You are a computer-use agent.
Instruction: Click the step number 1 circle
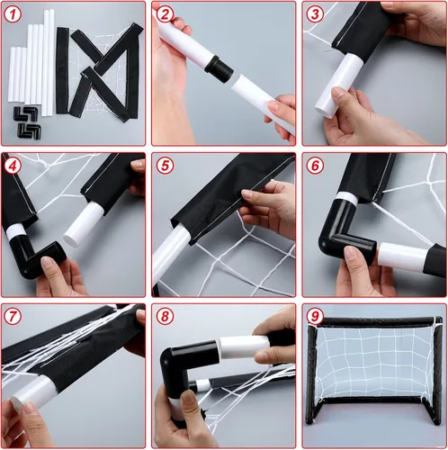coord(13,14)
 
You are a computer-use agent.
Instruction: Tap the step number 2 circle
coord(165,14)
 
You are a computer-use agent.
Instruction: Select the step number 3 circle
coord(315,14)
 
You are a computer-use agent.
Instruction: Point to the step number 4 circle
coord(13,166)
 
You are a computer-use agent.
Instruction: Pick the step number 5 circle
coord(165,166)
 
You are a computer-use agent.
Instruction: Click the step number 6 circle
coord(315,166)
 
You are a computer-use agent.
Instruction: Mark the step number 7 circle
coord(13,316)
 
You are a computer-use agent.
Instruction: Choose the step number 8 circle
coord(165,316)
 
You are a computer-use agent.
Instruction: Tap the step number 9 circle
coord(315,316)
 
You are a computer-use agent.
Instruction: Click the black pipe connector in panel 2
coord(219,67)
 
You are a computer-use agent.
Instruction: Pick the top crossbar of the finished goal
coord(375,322)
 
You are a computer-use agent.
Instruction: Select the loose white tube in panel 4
coord(83,223)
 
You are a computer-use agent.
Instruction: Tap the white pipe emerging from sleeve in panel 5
coord(170,254)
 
